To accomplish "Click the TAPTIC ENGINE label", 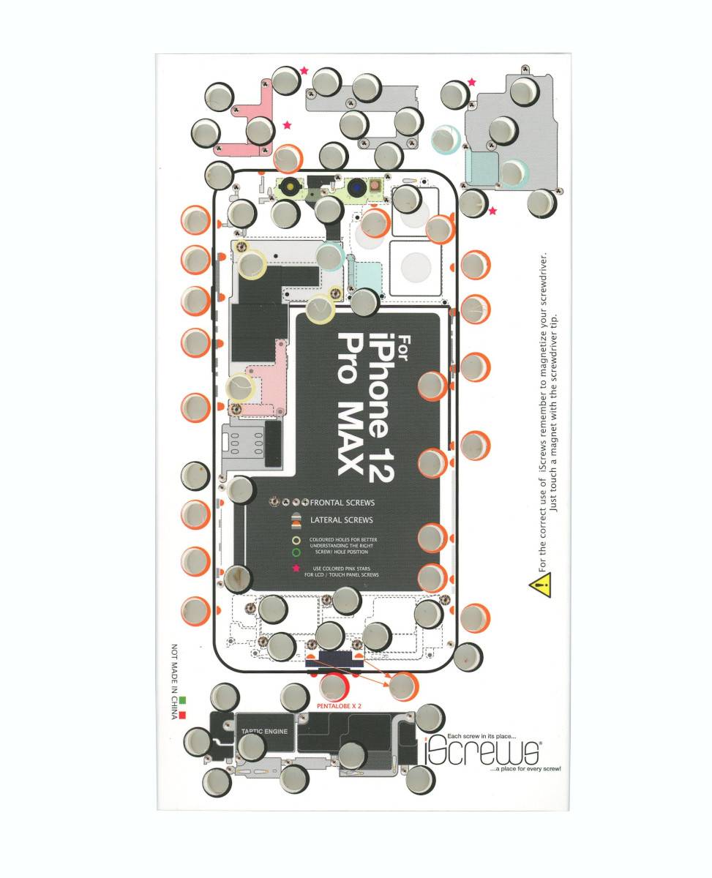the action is [265, 731].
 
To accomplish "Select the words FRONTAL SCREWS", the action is [342, 503].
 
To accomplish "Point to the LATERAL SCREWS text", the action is [342, 520].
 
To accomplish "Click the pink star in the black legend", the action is [296, 569].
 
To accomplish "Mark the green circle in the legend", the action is [296, 552].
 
